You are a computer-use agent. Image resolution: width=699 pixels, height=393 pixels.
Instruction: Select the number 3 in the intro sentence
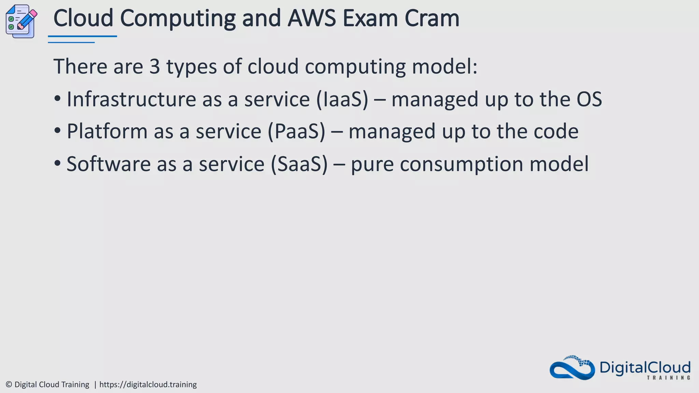pos(154,66)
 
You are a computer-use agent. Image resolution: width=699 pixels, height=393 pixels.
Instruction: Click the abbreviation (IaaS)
pos(342,99)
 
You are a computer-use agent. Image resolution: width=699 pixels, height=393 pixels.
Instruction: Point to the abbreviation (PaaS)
pos(296,131)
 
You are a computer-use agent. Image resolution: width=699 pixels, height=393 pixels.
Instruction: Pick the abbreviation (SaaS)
pos(299,164)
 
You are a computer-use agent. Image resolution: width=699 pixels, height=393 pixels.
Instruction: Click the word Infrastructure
pos(131,99)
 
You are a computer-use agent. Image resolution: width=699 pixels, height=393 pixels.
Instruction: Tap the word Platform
pos(107,131)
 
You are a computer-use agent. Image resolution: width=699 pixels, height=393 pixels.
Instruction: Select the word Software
pos(109,164)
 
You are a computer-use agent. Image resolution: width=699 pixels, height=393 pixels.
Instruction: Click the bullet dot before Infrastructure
pos(57,99)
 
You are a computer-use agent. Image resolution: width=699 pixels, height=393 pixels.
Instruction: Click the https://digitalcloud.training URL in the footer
pos(148,384)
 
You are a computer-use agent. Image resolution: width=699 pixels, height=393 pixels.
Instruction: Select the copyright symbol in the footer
pos(9,384)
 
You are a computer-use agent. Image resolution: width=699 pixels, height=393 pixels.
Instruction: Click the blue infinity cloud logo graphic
pos(572,368)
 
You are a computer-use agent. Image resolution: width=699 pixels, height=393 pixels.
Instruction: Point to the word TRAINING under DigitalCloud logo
pos(668,378)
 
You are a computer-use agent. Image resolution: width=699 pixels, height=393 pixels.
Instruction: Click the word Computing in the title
pos(177,18)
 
